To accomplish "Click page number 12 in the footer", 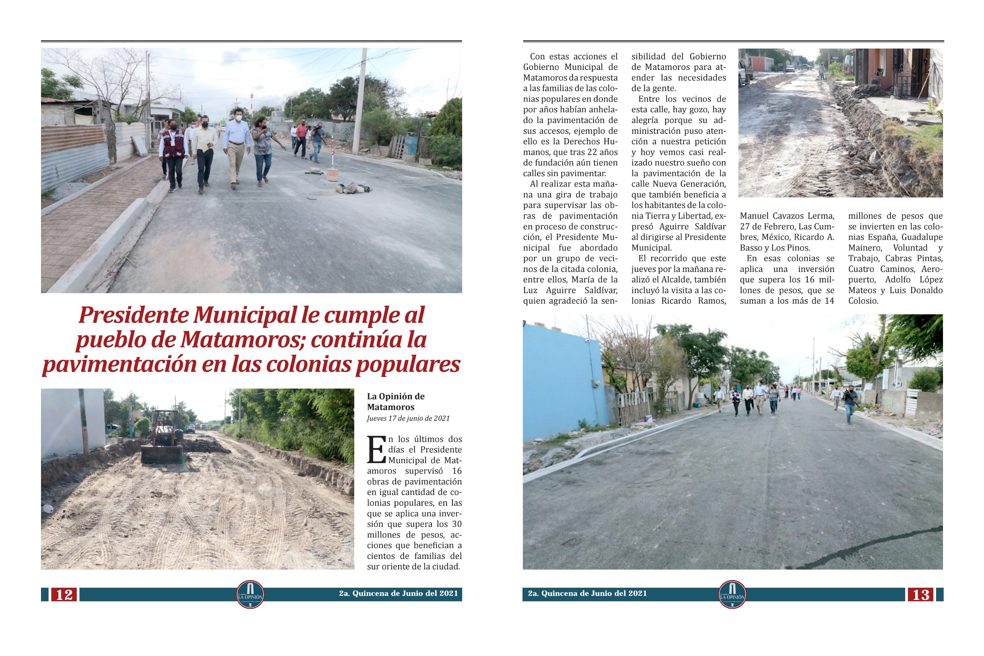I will tap(64, 594).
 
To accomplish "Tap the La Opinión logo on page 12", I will tap(250, 594).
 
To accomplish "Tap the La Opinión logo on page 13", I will tap(732, 594).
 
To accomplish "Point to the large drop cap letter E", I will tap(376, 450).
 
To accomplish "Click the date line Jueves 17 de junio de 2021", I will tap(408, 419).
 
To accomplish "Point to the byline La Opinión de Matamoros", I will tap(395, 401).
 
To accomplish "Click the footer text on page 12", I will tap(398, 593).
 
